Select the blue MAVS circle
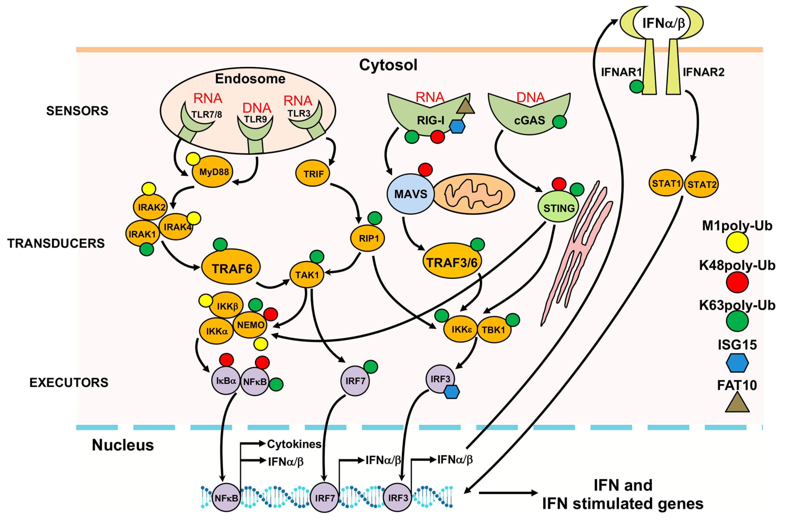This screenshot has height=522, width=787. click(x=410, y=194)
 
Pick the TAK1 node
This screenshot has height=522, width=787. click(x=307, y=275)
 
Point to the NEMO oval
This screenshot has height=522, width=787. click(x=250, y=325)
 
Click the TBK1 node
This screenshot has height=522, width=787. click(x=494, y=330)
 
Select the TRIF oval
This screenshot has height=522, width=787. click(x=312, y=173)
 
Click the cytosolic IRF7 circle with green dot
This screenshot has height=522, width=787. click(x=355, y=380)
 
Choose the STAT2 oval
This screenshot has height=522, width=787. click(x=702, y=184)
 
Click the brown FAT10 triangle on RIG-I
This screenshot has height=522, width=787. click(x=465, y=106)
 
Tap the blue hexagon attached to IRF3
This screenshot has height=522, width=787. click(x=452, y=392)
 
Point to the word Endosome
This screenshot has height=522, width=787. click(x=250, y=79)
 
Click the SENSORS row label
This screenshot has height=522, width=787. click(x=77, y=111)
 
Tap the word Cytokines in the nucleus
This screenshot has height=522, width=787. click(x=294, y=444)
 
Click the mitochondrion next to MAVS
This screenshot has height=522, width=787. click(x=474, y=194)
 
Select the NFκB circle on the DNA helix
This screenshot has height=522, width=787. click(x=226, y=498)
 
